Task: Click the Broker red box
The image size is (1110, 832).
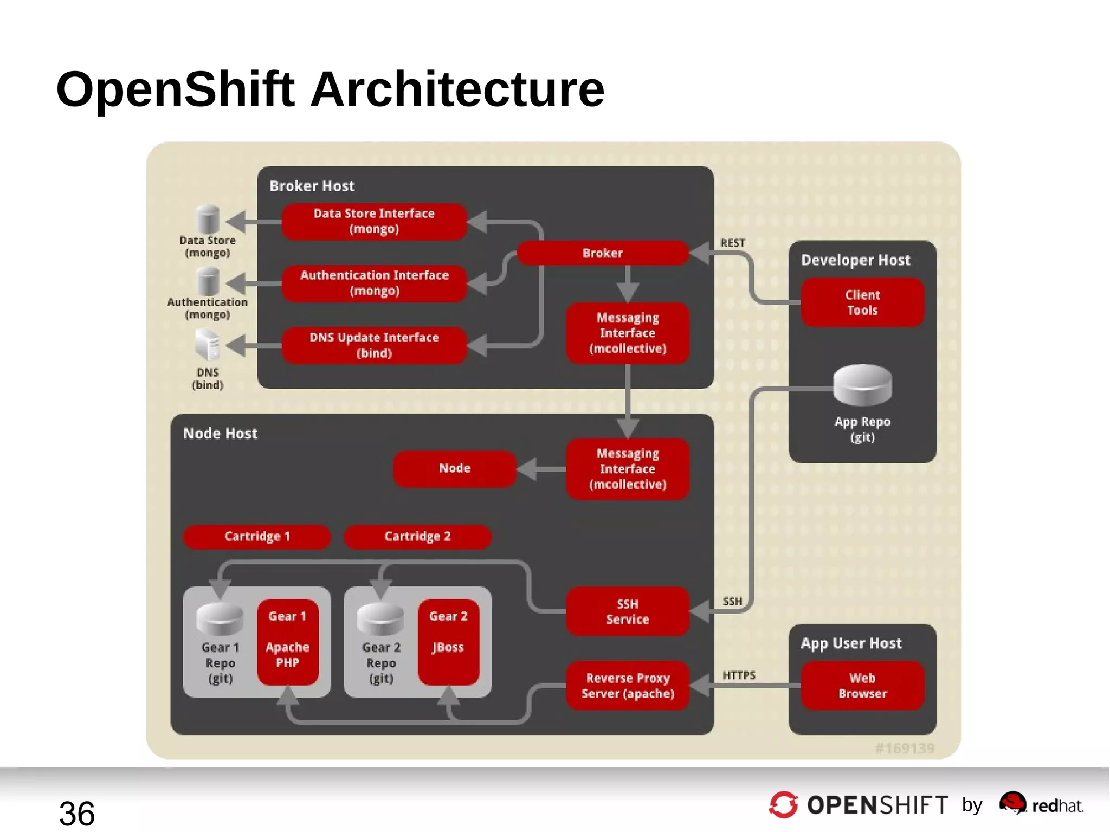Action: tap(602, 253)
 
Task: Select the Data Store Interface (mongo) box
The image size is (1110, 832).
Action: tap(374, 221)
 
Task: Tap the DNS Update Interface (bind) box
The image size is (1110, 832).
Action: tap(374, 345)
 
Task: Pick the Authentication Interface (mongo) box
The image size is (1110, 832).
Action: tap(374, 283)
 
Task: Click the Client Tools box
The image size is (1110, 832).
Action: tap(862, 302)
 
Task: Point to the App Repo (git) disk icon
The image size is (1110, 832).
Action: tap(862, 385)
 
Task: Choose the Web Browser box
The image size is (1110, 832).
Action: tap(862, 686)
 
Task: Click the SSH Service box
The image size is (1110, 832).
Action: tap(628, 611)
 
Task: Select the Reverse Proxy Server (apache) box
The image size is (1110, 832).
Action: tap(628, 686)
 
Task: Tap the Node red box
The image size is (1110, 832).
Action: tap(455, 468)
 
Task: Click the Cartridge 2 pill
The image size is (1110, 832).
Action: tap(417, 536)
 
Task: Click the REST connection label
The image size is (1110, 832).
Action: tap(733, 243)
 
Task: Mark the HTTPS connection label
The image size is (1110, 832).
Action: tap(739, 675)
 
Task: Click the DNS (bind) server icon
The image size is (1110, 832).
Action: tap(208, 345)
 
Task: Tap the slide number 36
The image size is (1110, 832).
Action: tap(77, 813)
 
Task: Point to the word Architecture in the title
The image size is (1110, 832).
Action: tap(457, 89)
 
